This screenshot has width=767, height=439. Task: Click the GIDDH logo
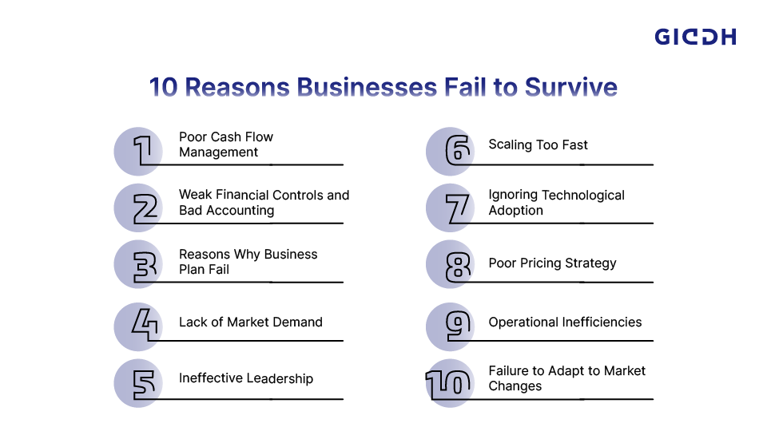tap(694, 37)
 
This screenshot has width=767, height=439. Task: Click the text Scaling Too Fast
tap(538, 145)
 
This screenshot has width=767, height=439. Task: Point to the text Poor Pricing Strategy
tap(552, 263)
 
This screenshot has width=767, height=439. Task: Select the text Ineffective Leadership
tap(245, 378)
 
